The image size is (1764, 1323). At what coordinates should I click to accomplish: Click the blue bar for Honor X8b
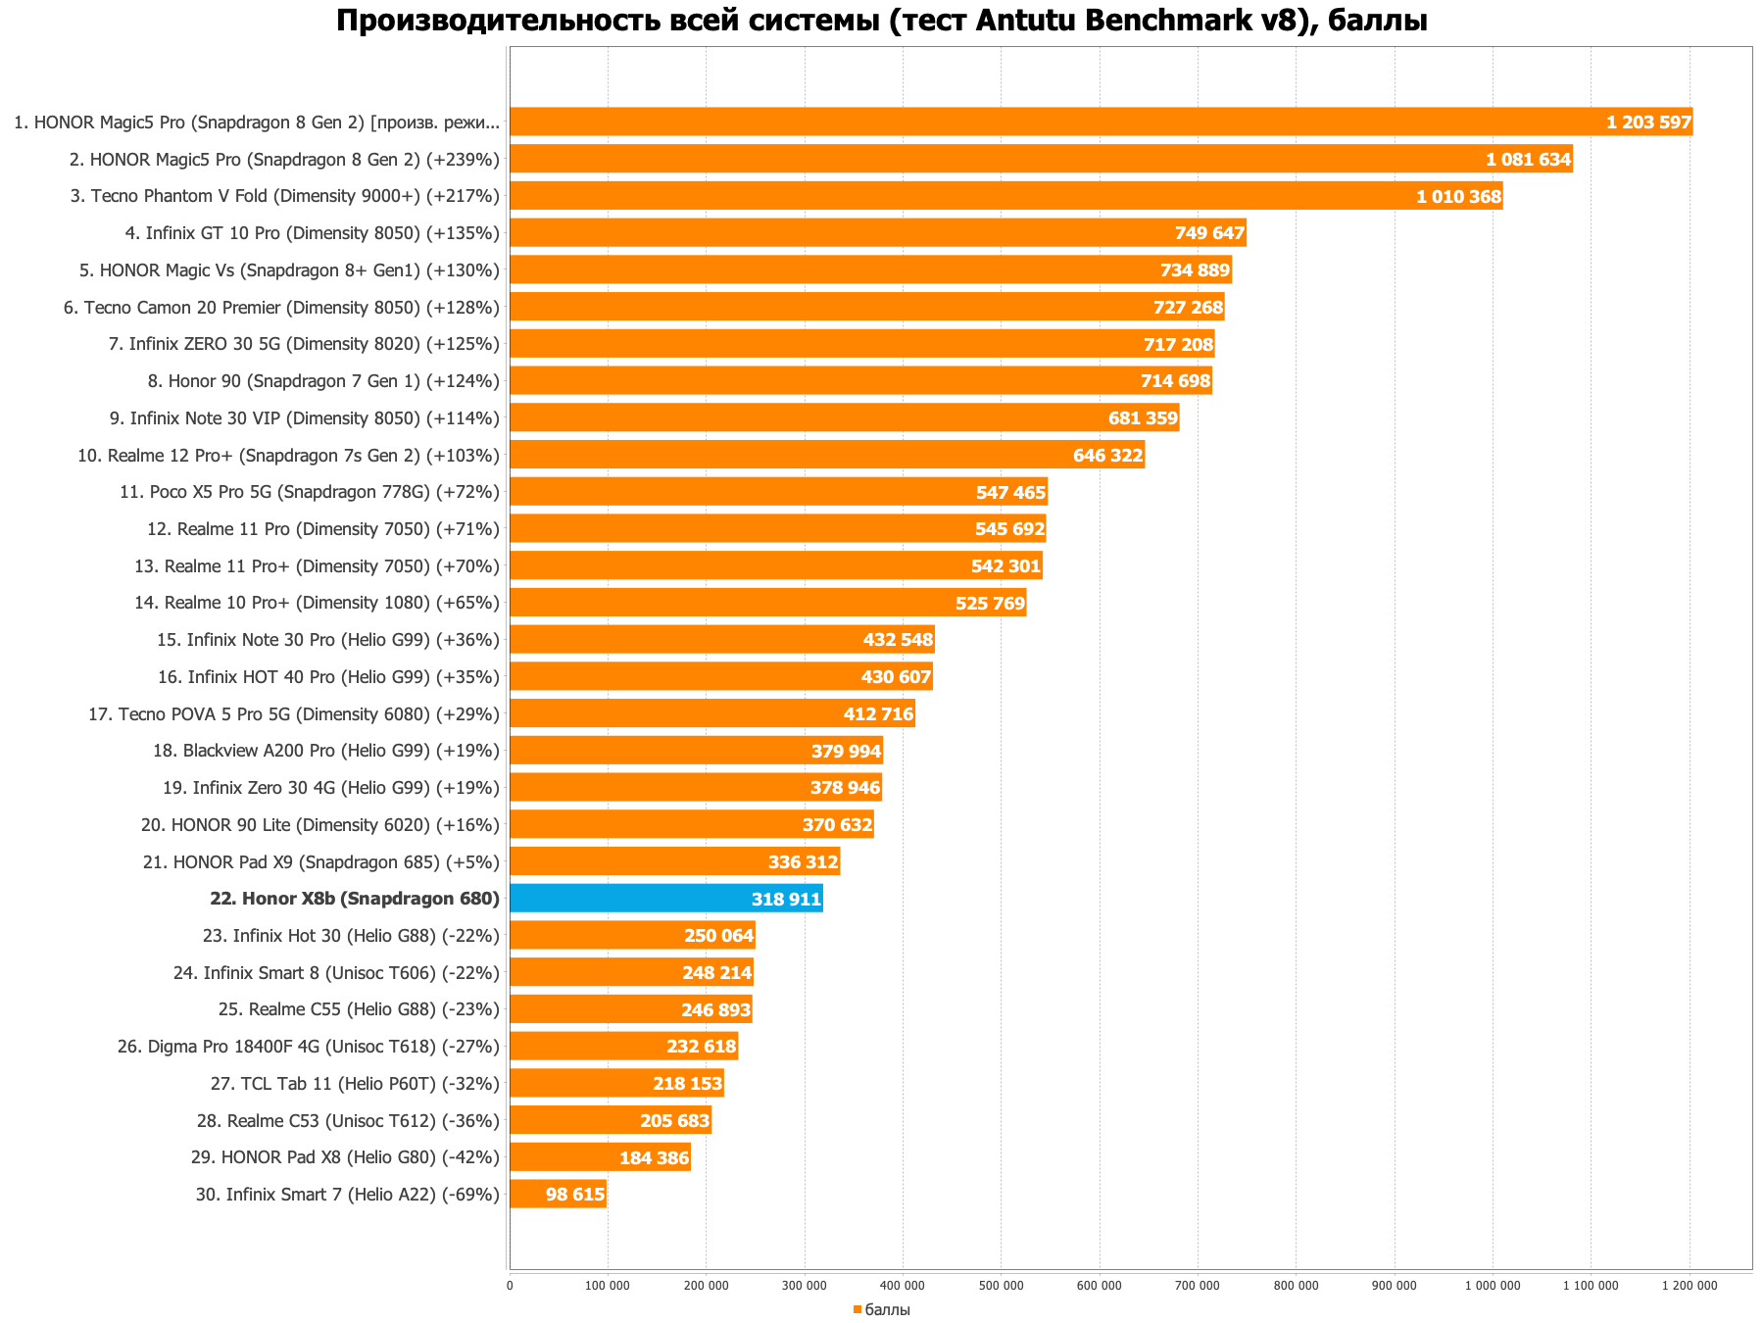click(x=666, y=899)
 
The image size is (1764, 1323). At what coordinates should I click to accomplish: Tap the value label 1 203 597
click(x=1648, y=122)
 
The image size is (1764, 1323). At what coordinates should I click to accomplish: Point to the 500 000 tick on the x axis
click(x=1001, y=1286)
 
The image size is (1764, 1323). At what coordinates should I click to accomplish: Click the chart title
click(x=881, y=21)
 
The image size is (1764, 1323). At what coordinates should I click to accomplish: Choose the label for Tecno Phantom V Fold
click(x=285, y=196)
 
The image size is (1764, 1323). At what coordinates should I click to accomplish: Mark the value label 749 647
click(x=1209, y=233)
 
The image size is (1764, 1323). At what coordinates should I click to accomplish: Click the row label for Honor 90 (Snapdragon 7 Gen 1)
click(x=323, y=381)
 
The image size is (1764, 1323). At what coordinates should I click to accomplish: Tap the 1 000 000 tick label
click(x=1493, y=1286)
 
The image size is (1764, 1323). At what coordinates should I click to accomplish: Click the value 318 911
click(x=786, y=899)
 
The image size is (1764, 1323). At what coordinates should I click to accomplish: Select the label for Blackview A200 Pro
click(x=326, y=751)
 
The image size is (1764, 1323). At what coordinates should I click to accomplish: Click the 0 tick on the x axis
click(x=510, y=1286)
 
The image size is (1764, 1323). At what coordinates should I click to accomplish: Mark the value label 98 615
click(x=574, y=1195)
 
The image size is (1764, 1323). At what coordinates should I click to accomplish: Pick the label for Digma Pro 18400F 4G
click(x=309, y=1047)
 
